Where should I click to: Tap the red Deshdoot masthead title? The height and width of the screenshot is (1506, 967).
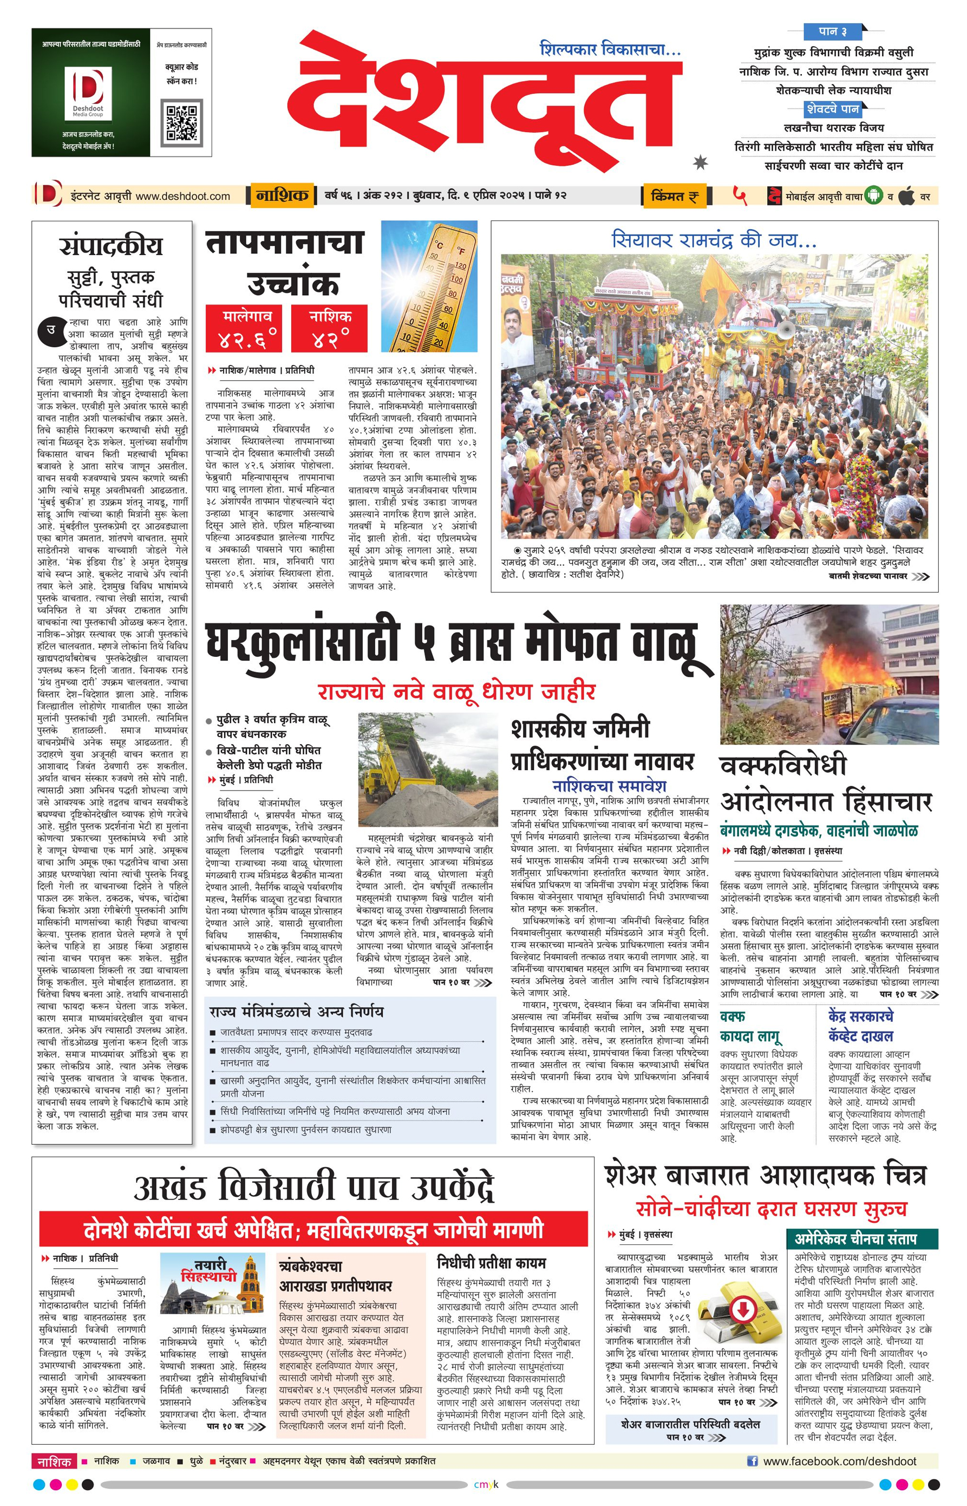483,101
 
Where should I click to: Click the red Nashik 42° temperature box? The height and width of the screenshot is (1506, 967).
329,329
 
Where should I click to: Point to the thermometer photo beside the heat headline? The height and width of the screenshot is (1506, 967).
429,286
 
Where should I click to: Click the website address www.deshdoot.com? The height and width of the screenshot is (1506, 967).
182,196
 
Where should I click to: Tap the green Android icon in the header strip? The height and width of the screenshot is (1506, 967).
873,195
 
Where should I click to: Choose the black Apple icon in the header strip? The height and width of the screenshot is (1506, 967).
906,196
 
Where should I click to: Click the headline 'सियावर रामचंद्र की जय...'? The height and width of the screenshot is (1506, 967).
714,240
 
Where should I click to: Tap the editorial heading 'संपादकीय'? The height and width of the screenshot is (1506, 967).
111,246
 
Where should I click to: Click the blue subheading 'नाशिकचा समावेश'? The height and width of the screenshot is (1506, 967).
609,786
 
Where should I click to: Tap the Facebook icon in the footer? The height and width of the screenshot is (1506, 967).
752,1461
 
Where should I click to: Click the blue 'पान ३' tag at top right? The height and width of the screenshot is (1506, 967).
833,31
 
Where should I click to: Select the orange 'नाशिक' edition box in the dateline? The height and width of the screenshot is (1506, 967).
282,195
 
